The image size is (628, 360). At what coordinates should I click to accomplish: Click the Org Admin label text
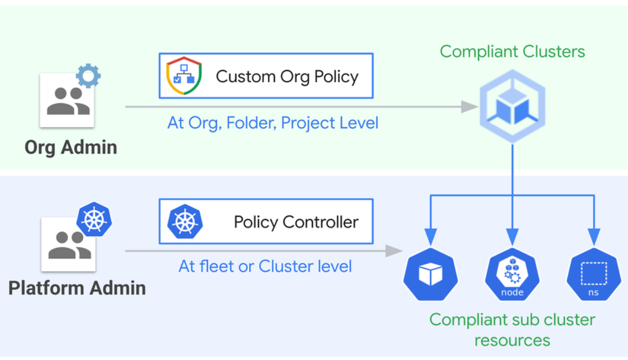pyautogui.click(x=70, y=147)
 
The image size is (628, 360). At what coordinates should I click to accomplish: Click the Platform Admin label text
pyautogui.click(x=77, y=287)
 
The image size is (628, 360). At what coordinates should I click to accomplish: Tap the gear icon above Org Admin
pyautogui.click(x=88, y=76)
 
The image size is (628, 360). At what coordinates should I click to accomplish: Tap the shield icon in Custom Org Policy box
pyautogui.click(x=184, y=76)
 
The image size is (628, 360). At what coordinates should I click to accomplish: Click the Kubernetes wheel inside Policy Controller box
pyautogui.click(x=185, y=222)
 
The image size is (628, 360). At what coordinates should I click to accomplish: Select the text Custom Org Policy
pyautogui.click(x=287, y=76)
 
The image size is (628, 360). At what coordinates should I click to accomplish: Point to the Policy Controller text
pyautogui.click(x=296, y=222)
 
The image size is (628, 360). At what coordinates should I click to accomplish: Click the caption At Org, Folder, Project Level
pyautogui.click(x=273, y=123)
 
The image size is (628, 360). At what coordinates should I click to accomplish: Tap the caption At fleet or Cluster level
pyautogui.click(x=265, y=266)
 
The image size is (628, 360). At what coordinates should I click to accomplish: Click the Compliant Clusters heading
pyautogui.click(x=512, y=51)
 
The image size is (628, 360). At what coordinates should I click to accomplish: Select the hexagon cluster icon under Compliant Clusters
pyautogui.click(x=512, y=107)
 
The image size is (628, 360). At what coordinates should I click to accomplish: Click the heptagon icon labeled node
pyautogui.click(x=512, y=274)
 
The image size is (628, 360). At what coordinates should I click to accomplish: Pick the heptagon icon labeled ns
pyautogui.click(x=594, y=274)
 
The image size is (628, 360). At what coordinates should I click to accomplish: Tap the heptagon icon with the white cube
pyautogui.click(x=430, y=274)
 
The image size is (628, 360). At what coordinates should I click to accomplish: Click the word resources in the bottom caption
pyautogui.click(x=512, y=341)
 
